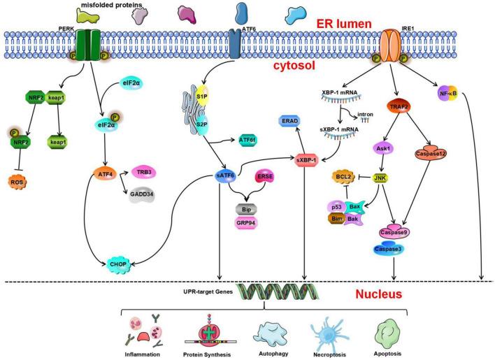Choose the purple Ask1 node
[x=380, y=150]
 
